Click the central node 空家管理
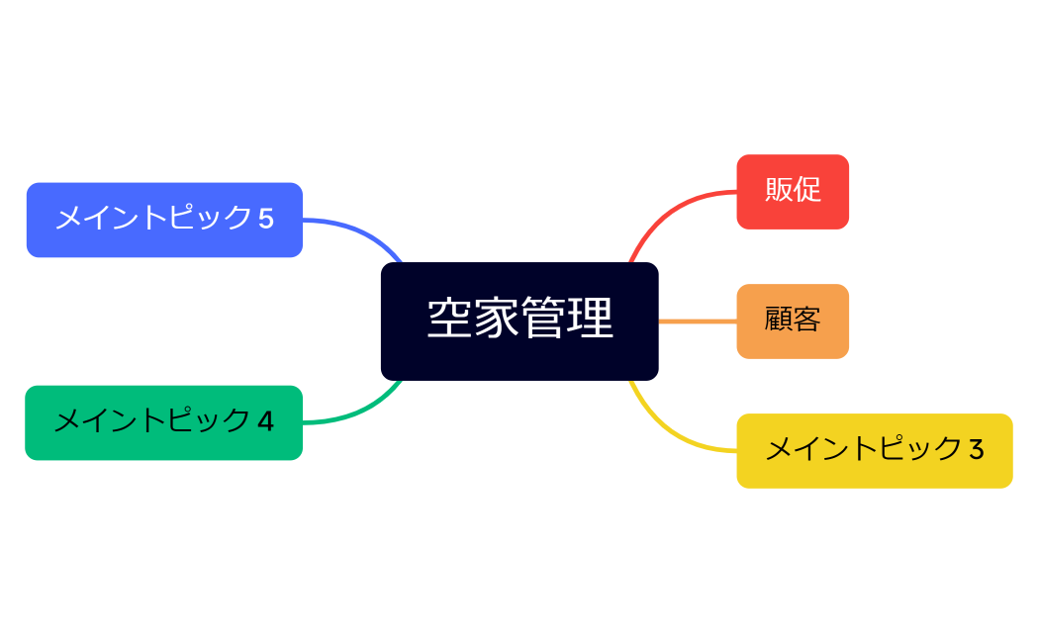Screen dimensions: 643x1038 tap(519, 321)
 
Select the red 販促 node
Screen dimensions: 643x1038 tap(792, 191)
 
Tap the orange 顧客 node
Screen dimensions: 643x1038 tap(792, 321)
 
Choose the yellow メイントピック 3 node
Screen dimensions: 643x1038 tap(874, 450)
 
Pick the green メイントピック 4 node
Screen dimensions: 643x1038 tap(163, 422)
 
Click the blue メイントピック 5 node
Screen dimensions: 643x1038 tap(163, 220)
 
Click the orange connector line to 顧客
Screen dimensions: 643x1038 tap(698, 321)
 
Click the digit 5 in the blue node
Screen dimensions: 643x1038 tap(265, 219)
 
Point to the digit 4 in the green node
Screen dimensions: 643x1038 tap(265, 422)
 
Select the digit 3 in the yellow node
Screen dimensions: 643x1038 tap(976, 450)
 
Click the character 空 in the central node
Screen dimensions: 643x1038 tap(449, 319)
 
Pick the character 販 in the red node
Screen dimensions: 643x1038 tap(779, 190)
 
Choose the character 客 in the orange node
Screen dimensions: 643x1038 tap(806, 321)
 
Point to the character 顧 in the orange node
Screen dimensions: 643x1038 tap(779, 321)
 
